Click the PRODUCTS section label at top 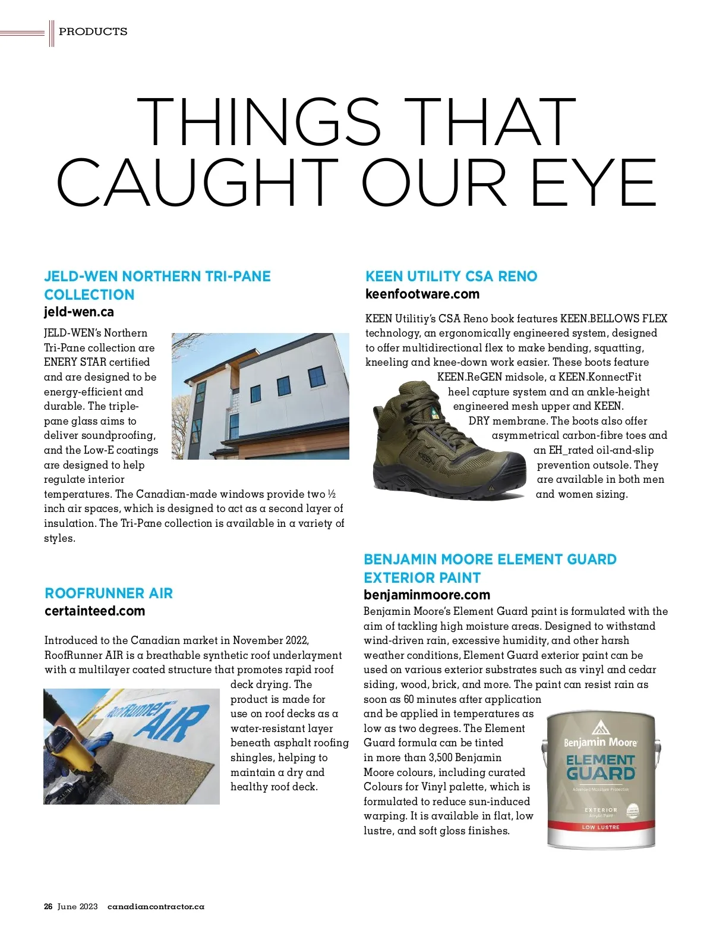point(93,32)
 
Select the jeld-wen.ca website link point(79,312)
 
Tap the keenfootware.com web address point(422,294)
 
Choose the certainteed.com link point(95,611)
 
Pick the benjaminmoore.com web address point(427,595)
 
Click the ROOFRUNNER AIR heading point(109,593)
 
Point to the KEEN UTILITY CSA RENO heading point(451,276)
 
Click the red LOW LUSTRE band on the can point(600,827)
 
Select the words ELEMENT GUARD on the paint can point(600,767)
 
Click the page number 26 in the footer point(48,906)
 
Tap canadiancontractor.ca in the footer point(156,906)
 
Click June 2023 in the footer point(77,906)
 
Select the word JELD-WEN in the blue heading point(81,276)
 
